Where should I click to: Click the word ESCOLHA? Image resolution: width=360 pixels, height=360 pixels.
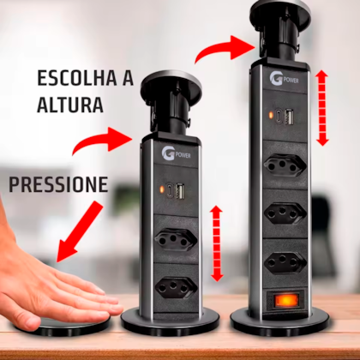coord(77,78)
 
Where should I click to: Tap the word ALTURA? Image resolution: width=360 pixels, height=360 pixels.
coord(70,105)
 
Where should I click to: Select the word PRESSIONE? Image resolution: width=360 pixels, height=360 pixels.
coord(58,184)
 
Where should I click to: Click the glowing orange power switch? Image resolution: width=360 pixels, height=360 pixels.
coord(285,302)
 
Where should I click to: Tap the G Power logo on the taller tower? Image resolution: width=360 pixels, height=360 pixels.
coord(284,79)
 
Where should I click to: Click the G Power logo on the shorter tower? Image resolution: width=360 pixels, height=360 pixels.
coord(176,154)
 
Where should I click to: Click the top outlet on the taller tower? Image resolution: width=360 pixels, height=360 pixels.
coord(285,165)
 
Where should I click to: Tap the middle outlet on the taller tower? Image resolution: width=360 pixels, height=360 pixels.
coord(285,213)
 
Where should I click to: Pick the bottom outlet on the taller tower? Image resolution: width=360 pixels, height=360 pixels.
coord(285,262)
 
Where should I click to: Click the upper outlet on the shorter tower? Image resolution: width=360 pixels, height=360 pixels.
coord(176,240)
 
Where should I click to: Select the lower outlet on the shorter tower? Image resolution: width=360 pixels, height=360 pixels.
coord(176,288)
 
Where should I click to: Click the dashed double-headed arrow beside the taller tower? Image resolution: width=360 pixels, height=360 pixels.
coord(322,108)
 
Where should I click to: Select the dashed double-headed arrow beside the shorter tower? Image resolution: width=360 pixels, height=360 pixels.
coord(217,243)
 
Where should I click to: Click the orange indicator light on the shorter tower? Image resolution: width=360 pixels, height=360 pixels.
coord(162,189)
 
